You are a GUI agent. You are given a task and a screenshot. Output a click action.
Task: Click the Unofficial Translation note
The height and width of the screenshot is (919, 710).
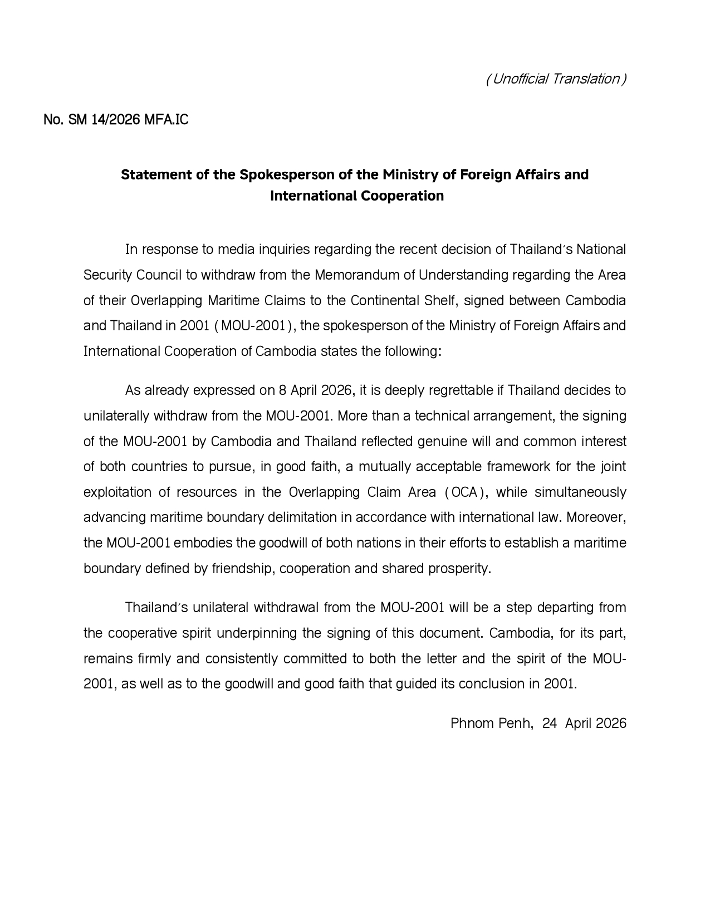tap(556, 79)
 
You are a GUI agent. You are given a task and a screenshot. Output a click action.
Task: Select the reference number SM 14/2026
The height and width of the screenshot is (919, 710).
tap(104, 120)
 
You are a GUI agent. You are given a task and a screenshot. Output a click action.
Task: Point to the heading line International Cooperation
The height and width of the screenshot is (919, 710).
tap(356, 196)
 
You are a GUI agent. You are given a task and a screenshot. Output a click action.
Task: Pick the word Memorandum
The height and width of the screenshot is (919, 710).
tap(363, 275)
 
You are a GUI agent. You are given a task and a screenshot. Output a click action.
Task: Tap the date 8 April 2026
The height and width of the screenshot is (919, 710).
tap(315, 390)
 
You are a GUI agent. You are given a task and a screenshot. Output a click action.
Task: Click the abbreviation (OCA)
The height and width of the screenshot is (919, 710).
tap(464, 492)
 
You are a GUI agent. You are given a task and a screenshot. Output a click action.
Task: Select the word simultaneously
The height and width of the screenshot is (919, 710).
tap(580, 492)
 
